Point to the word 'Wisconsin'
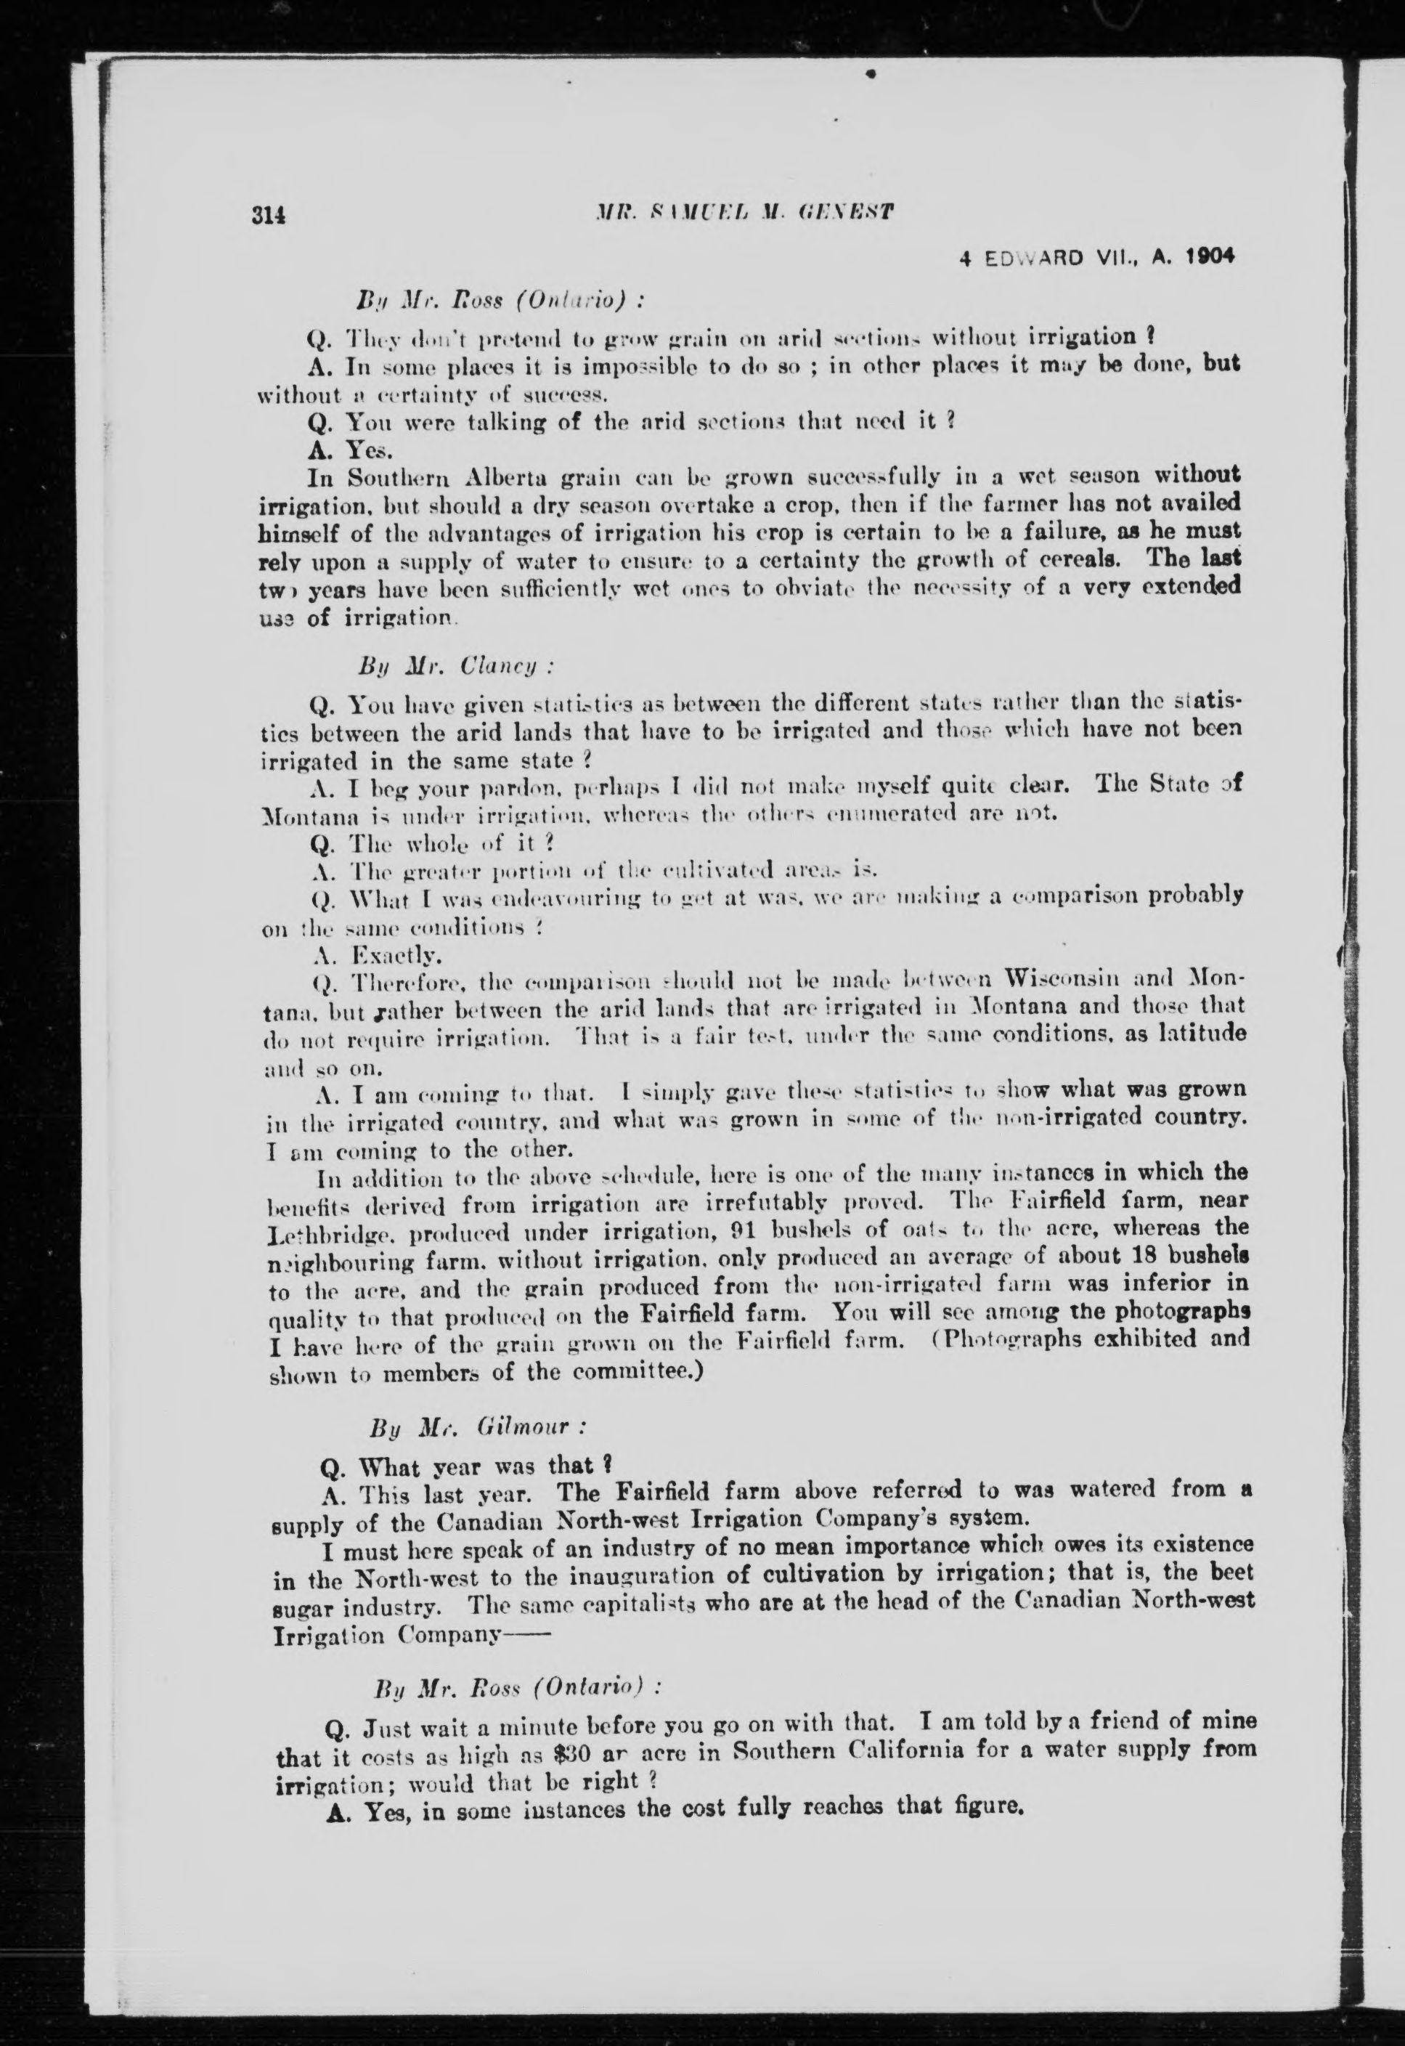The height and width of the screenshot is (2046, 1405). [x=1065, y=978]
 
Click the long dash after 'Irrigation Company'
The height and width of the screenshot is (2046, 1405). [x=526, y=1635]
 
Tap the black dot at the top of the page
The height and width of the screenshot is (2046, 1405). [x=870, y=75]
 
